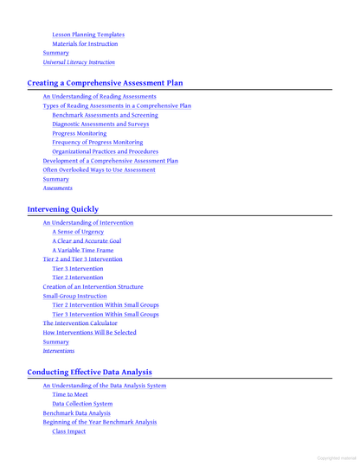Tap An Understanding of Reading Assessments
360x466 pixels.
coord(100,96)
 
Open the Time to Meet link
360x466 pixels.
coord(70,394)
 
